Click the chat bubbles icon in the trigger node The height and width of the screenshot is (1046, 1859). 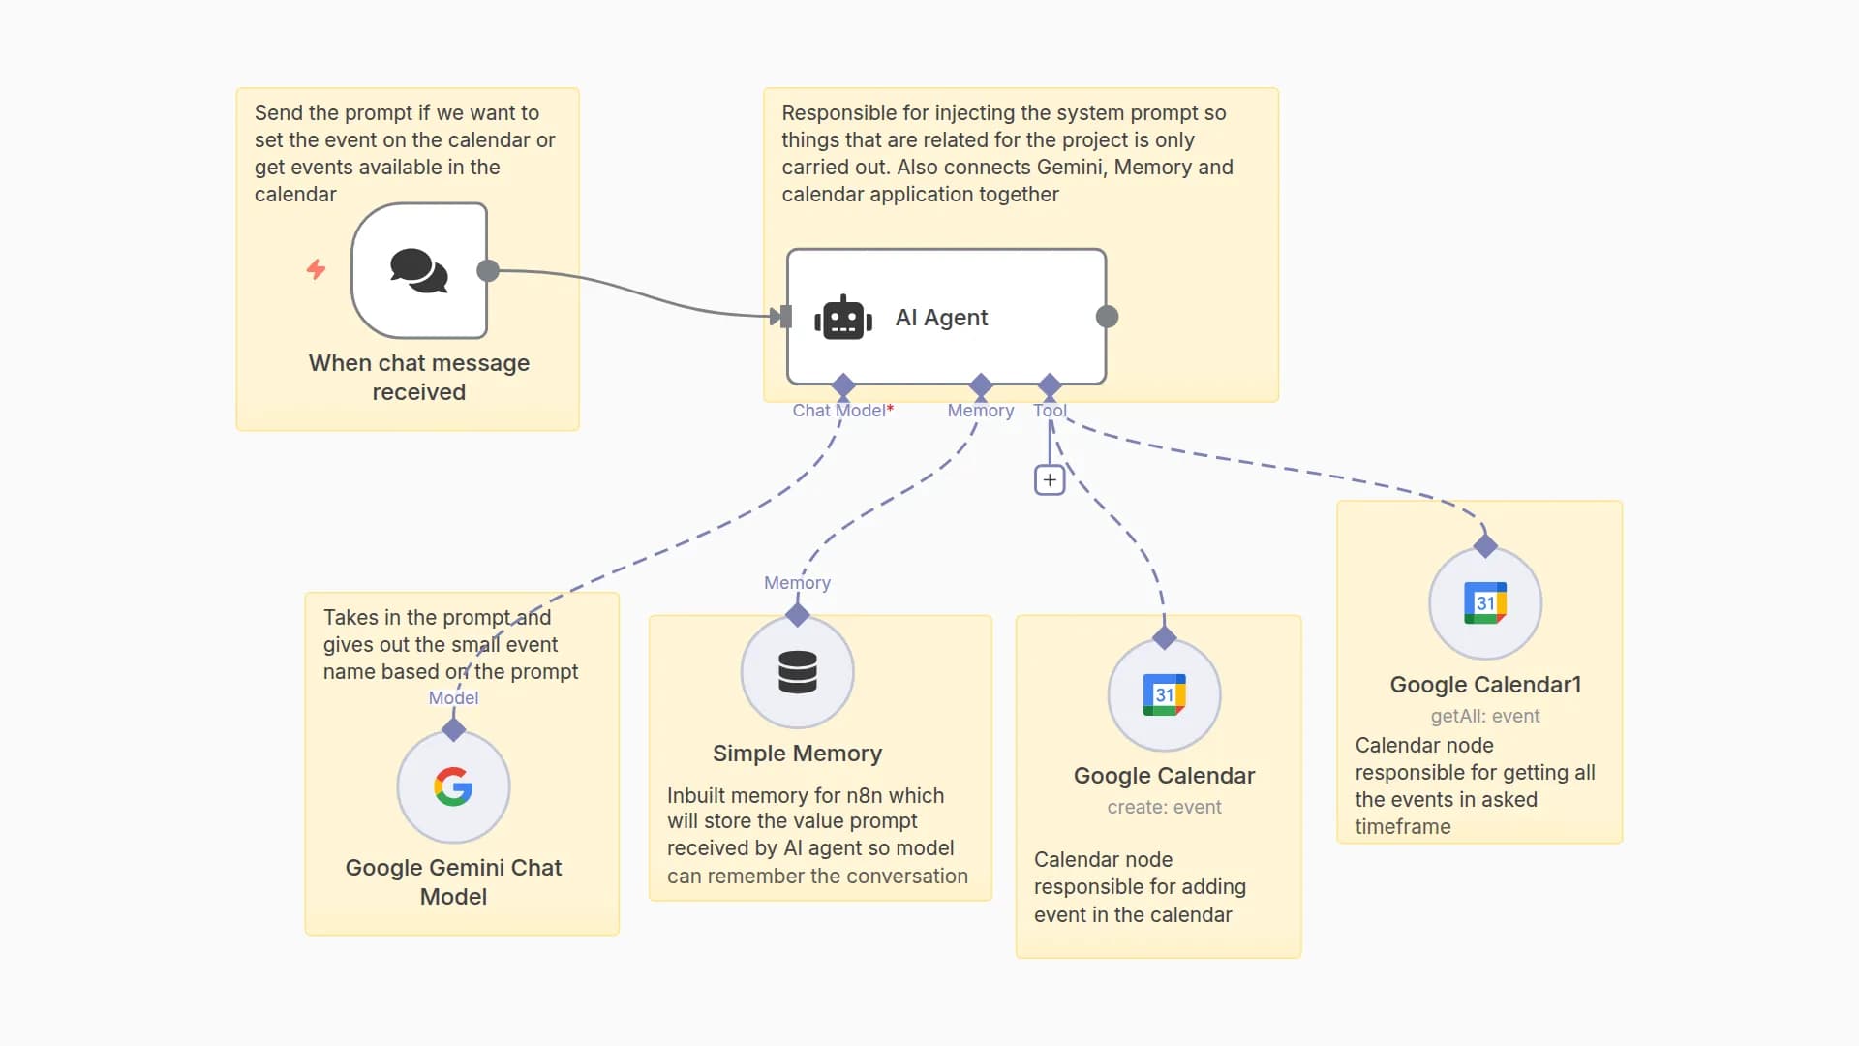coord(419,270)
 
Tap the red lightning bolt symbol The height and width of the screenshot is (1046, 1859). coord(316,269)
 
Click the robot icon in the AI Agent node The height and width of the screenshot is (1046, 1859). coord(842,318)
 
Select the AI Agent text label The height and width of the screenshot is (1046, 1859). coord(941,318)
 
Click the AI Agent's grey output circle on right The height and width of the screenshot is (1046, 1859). coord(1107,317)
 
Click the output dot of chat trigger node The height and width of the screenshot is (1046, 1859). coord(488,270)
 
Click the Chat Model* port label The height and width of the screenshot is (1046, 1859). coord(842,411)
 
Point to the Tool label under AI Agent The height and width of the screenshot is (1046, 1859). coord(1050,411)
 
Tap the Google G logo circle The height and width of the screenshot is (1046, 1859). coord(453,786)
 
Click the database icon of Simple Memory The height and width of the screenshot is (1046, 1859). coord(797,672)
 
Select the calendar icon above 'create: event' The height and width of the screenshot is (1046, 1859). coord(1164,694)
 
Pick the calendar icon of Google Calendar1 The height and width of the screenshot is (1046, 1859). coord(1484,602)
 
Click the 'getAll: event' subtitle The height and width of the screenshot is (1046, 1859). coord(1484,716)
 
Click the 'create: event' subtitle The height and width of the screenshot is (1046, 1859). coord(1164,807)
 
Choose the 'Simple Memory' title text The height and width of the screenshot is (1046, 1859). coord(797,754)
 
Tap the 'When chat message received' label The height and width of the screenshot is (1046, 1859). coord(418,377)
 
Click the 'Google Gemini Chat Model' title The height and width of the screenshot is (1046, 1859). coord(453,881)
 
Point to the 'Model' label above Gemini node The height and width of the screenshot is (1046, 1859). coord(453,698)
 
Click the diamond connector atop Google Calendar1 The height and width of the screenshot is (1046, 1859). coord(1485,546)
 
